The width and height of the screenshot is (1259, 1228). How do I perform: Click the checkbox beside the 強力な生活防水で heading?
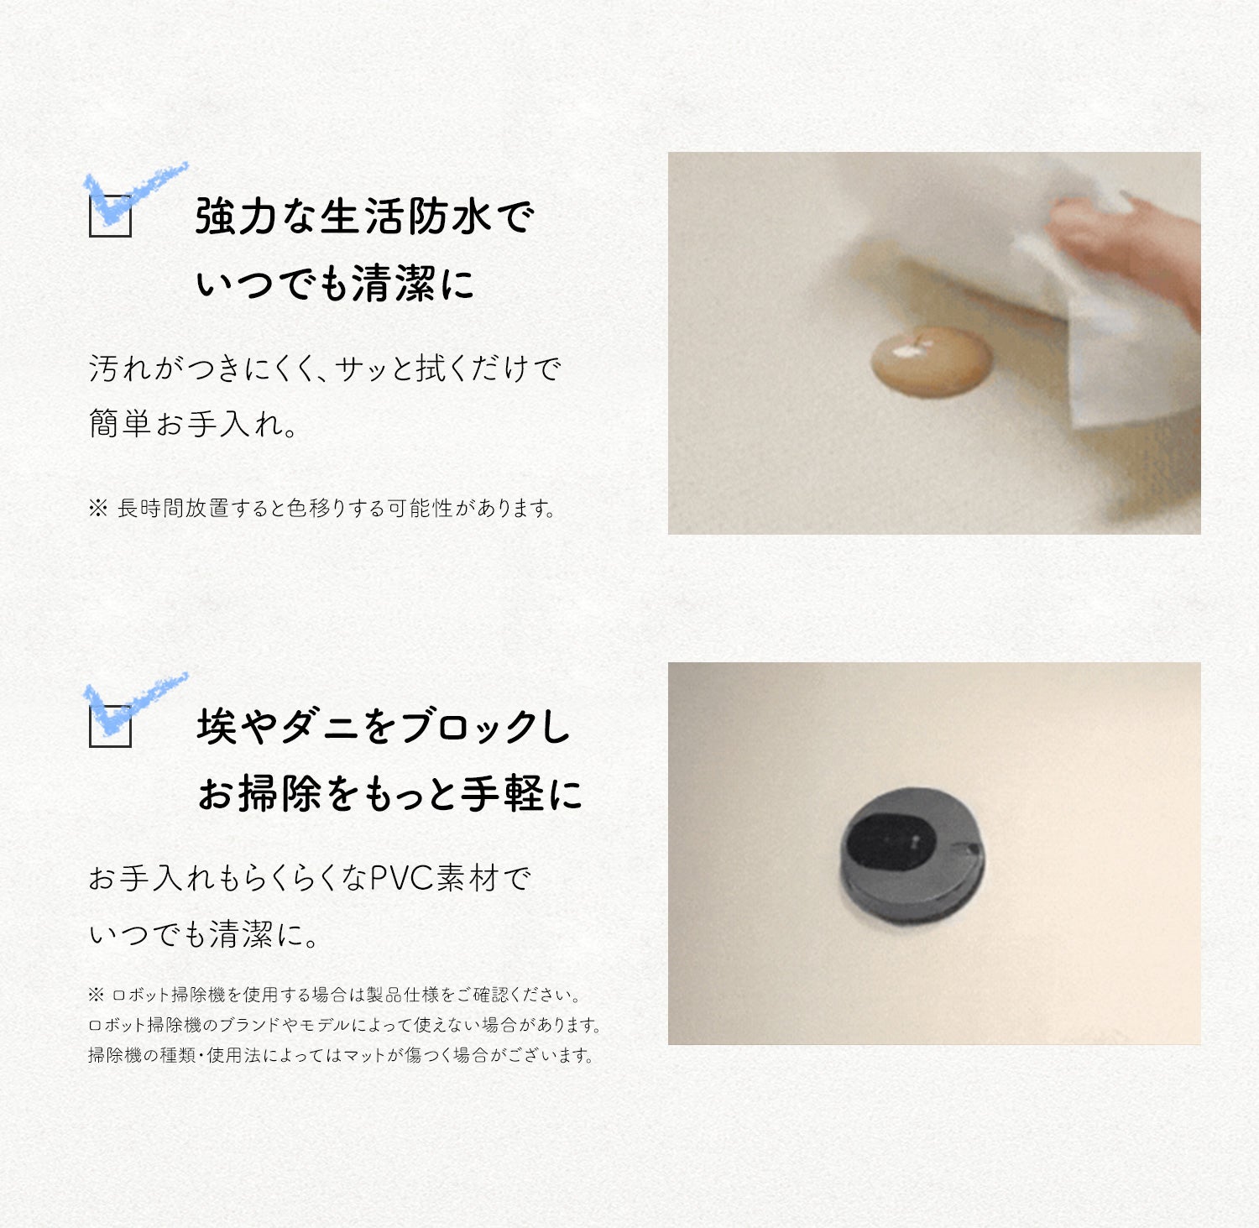click(110, 217)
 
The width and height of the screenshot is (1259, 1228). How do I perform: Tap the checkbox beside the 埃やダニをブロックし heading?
click(110, 726)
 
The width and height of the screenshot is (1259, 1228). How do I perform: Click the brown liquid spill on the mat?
click(932, 361)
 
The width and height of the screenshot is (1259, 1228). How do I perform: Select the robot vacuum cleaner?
click(912, 855)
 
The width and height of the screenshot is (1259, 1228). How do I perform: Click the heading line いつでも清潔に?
click(335, 284)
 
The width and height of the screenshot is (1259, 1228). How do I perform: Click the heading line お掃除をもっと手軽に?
click(389, 794)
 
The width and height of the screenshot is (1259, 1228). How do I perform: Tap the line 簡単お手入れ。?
click(193, 423)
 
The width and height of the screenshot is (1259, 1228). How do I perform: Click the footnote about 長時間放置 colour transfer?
click(322, 509)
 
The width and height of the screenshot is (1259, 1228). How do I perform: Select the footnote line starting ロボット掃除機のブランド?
click(344, 1025)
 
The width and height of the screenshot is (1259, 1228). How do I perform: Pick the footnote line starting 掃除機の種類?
click(341, 1055)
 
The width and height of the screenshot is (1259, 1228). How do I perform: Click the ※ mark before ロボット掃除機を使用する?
click(96, 995)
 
